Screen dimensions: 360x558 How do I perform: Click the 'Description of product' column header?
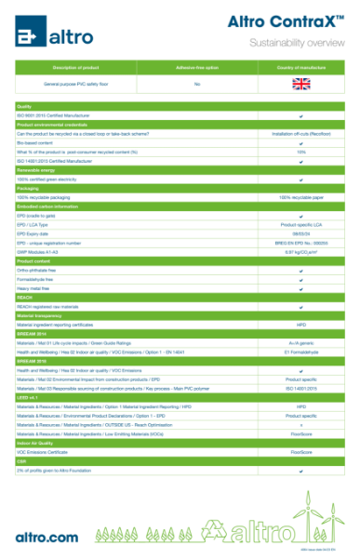coord(77,67)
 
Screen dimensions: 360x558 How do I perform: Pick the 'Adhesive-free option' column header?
coord(197,67)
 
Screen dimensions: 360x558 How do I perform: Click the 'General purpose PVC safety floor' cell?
coord(77,84)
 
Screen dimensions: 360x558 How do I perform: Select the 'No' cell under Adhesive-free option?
coord(197,84)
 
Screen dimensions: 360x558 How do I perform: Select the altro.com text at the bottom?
coord(47,537)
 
